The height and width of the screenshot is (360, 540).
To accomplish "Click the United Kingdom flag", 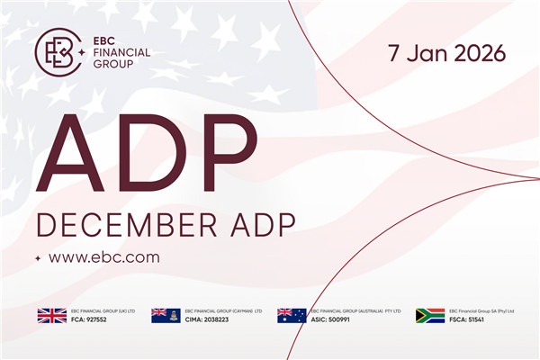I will (x=51, y=315).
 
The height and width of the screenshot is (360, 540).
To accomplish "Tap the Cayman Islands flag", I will (x=166, y=315).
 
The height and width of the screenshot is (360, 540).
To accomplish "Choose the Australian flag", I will (x=292, y=315).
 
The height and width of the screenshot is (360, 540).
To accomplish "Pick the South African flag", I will (x=430, y=315).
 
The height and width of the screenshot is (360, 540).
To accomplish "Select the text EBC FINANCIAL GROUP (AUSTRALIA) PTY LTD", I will (x=355, y=310).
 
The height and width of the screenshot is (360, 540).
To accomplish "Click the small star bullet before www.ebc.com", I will (x=38, y=258).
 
